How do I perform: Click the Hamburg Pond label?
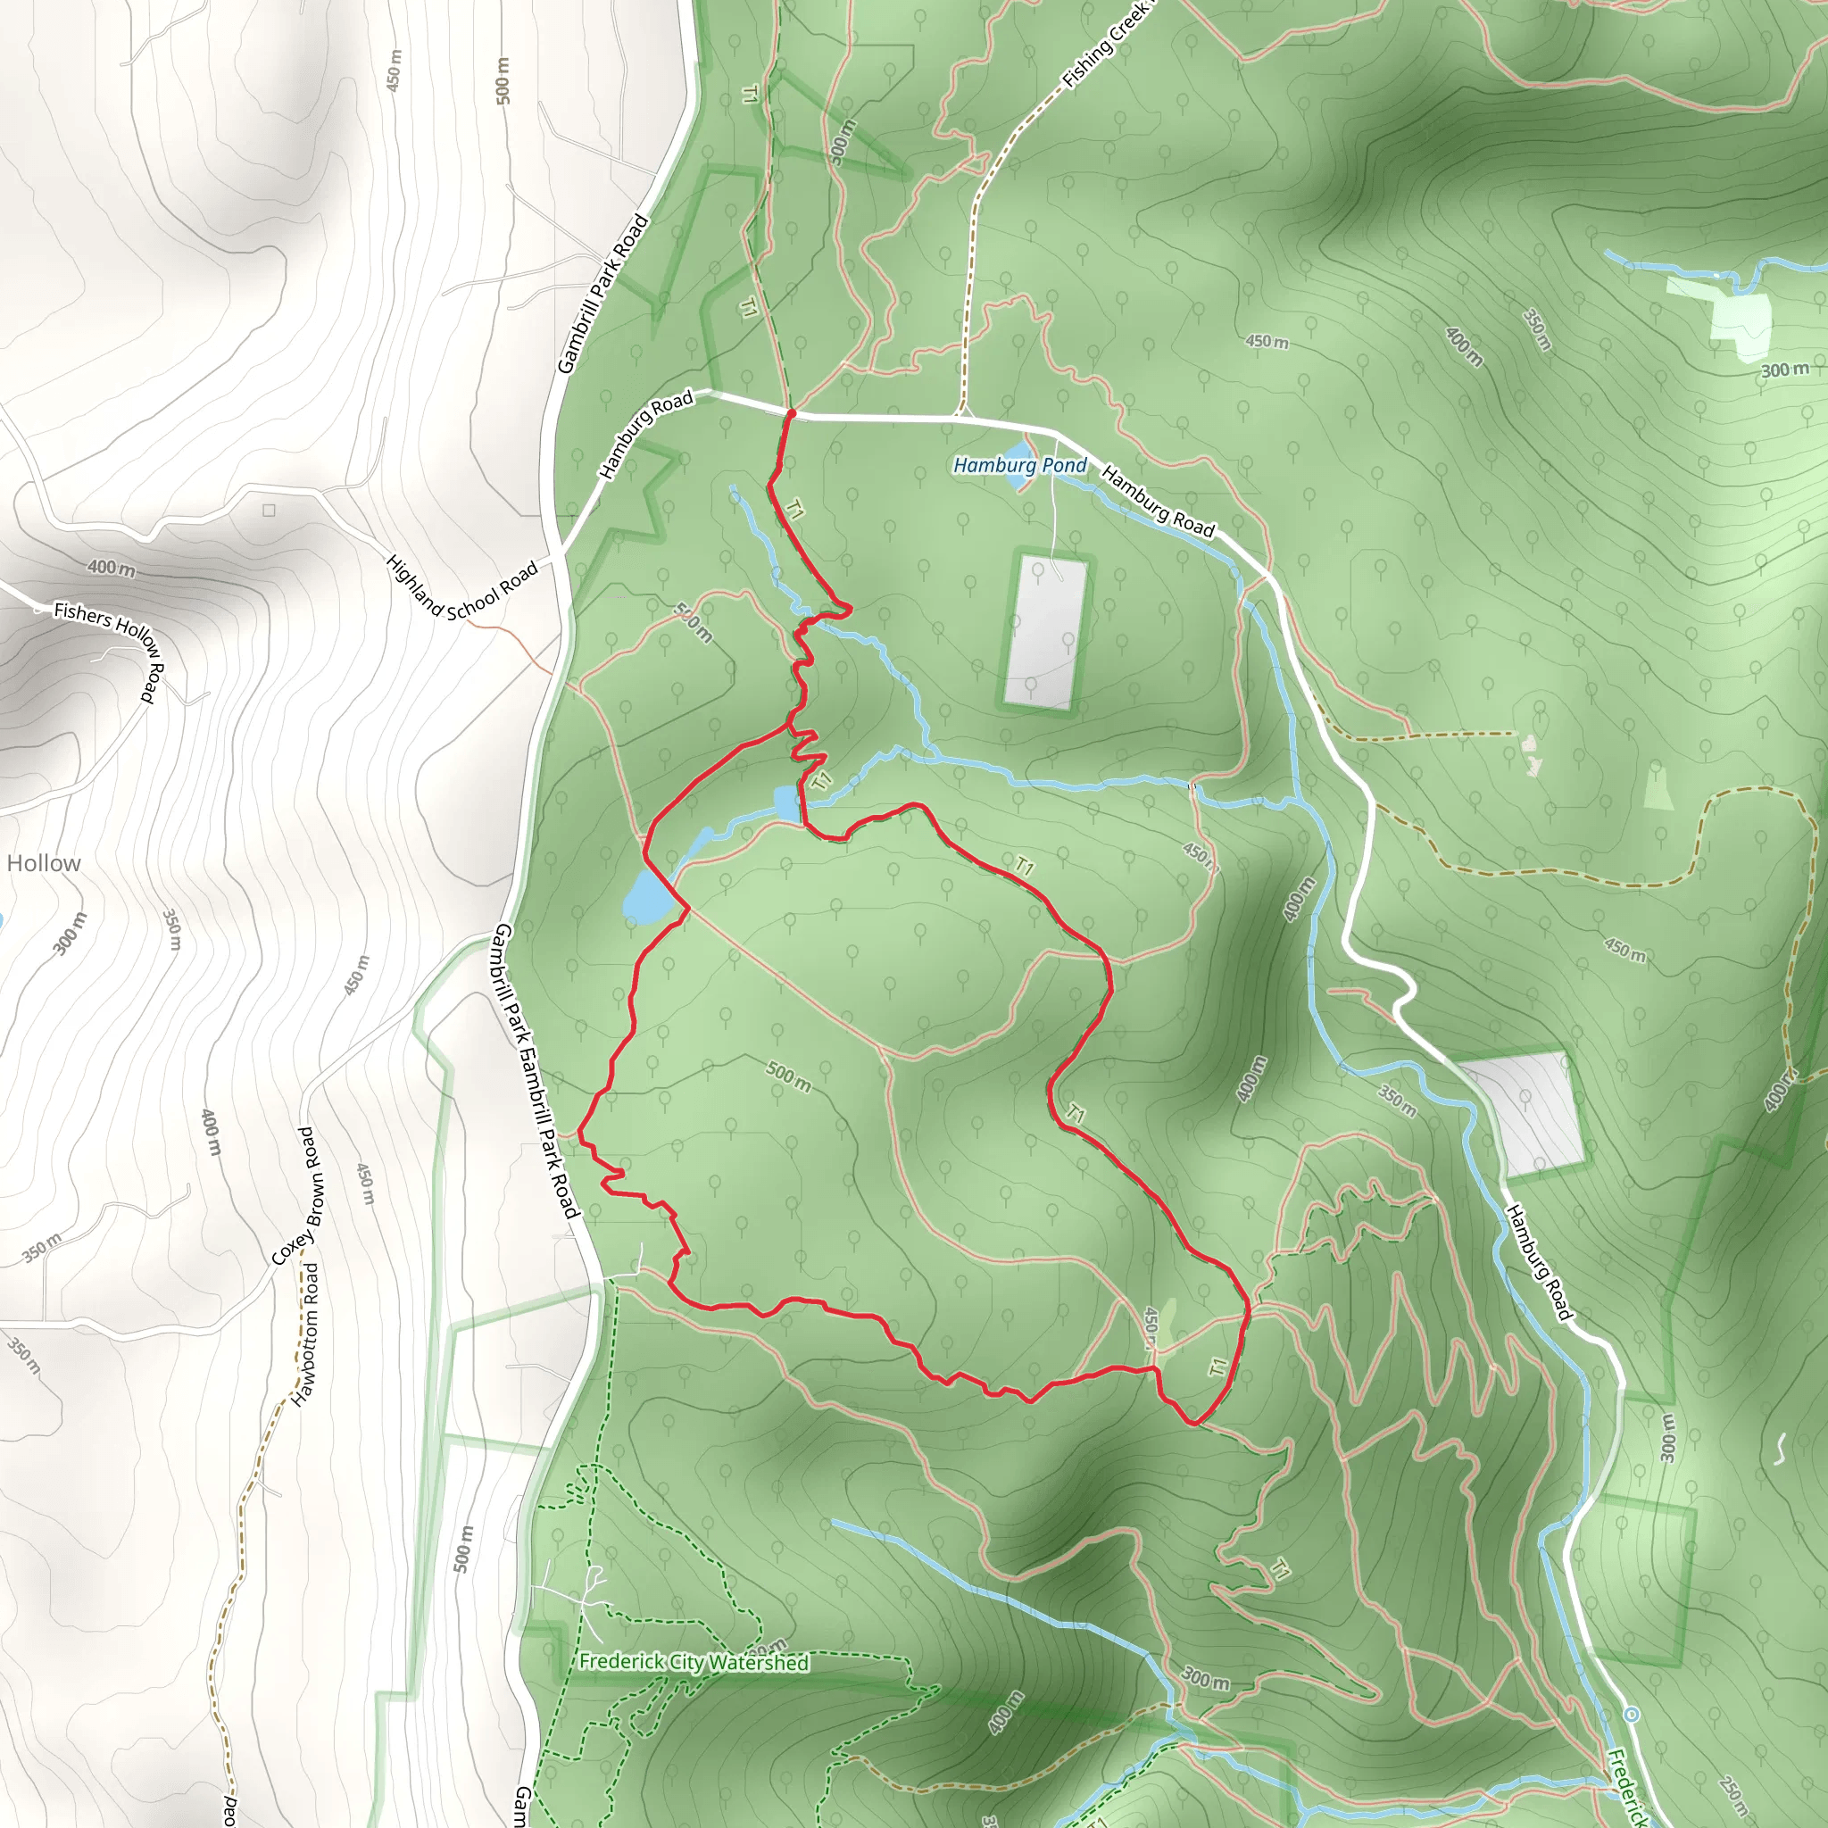point(1020,466)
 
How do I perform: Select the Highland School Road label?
point(461,589)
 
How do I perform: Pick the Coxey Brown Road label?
point(298,1195)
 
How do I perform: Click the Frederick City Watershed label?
point(694,1662)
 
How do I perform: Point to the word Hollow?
point(44,863)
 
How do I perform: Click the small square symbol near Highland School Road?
point(269,511)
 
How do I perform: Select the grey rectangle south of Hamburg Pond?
point(1046,631)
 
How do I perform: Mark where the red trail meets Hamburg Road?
point(791,413)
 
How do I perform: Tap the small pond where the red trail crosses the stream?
point(786,804)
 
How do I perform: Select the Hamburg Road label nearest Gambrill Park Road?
point(647,435)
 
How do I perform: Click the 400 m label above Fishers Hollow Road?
point(112,568)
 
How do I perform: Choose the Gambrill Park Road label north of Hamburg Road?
point(602,295)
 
